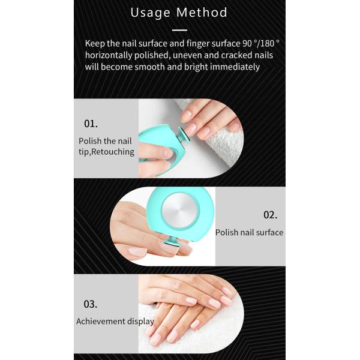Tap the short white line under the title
click(x=179, y=29)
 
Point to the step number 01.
click(x=91, y=124)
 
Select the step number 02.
click(x=270, y=214)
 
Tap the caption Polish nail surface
click(x=249, y=232)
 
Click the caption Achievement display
click(x=115, y=321)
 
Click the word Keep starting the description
click(x=95, y=44)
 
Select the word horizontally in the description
click(x=111, y=55)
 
